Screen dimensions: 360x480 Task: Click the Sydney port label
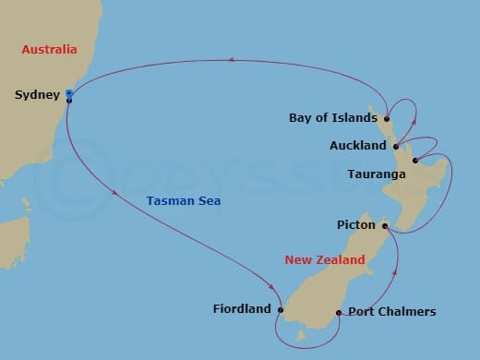tap(38, 94)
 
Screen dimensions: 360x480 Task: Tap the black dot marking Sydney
tap(69, 100)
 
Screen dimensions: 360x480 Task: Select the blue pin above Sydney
tap(69, 92)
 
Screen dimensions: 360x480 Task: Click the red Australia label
tap(49, 49)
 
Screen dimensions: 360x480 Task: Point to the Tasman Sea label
tap(184, 200)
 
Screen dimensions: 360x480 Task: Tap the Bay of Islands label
tap(332, 118)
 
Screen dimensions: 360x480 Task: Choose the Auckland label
tap(357, 146)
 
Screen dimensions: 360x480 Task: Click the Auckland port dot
tap(395, 146)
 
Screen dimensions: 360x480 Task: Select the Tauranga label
tap(374, 174)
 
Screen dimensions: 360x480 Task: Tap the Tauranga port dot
tap(414, 162)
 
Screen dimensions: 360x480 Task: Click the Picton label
tap(355, 224)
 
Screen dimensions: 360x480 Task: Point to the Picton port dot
tap(385, 224)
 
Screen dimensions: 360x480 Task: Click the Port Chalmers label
tap(391, 312)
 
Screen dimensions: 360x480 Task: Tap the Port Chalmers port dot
tap(339, 312)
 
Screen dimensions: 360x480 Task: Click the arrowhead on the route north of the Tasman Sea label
tap(232, 61)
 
